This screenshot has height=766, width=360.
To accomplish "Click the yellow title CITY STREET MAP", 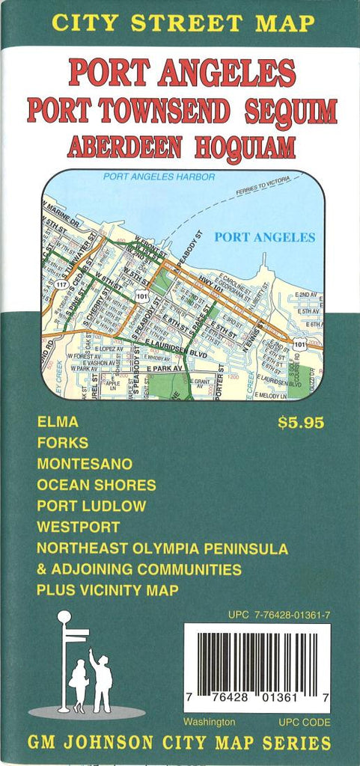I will coord(181,22).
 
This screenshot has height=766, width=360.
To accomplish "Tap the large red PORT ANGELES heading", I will coord(182,73).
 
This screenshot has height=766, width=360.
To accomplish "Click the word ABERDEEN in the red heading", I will coord(124,146).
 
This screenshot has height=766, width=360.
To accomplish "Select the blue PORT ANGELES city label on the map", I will coord(264,237).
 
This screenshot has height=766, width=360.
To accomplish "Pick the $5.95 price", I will coord(301,423).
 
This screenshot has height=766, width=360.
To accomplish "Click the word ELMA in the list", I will coord(58,422).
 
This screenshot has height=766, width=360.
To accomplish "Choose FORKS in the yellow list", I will coord(62,443).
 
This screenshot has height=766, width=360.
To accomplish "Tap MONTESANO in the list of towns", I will coord(85,464).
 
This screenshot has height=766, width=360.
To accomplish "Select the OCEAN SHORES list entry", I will coord(97,485).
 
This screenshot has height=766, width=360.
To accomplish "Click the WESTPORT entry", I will coord(78,527).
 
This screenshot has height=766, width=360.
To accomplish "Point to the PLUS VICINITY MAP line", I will coord(107,590).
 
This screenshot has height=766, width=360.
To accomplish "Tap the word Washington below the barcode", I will coord(210,722).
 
